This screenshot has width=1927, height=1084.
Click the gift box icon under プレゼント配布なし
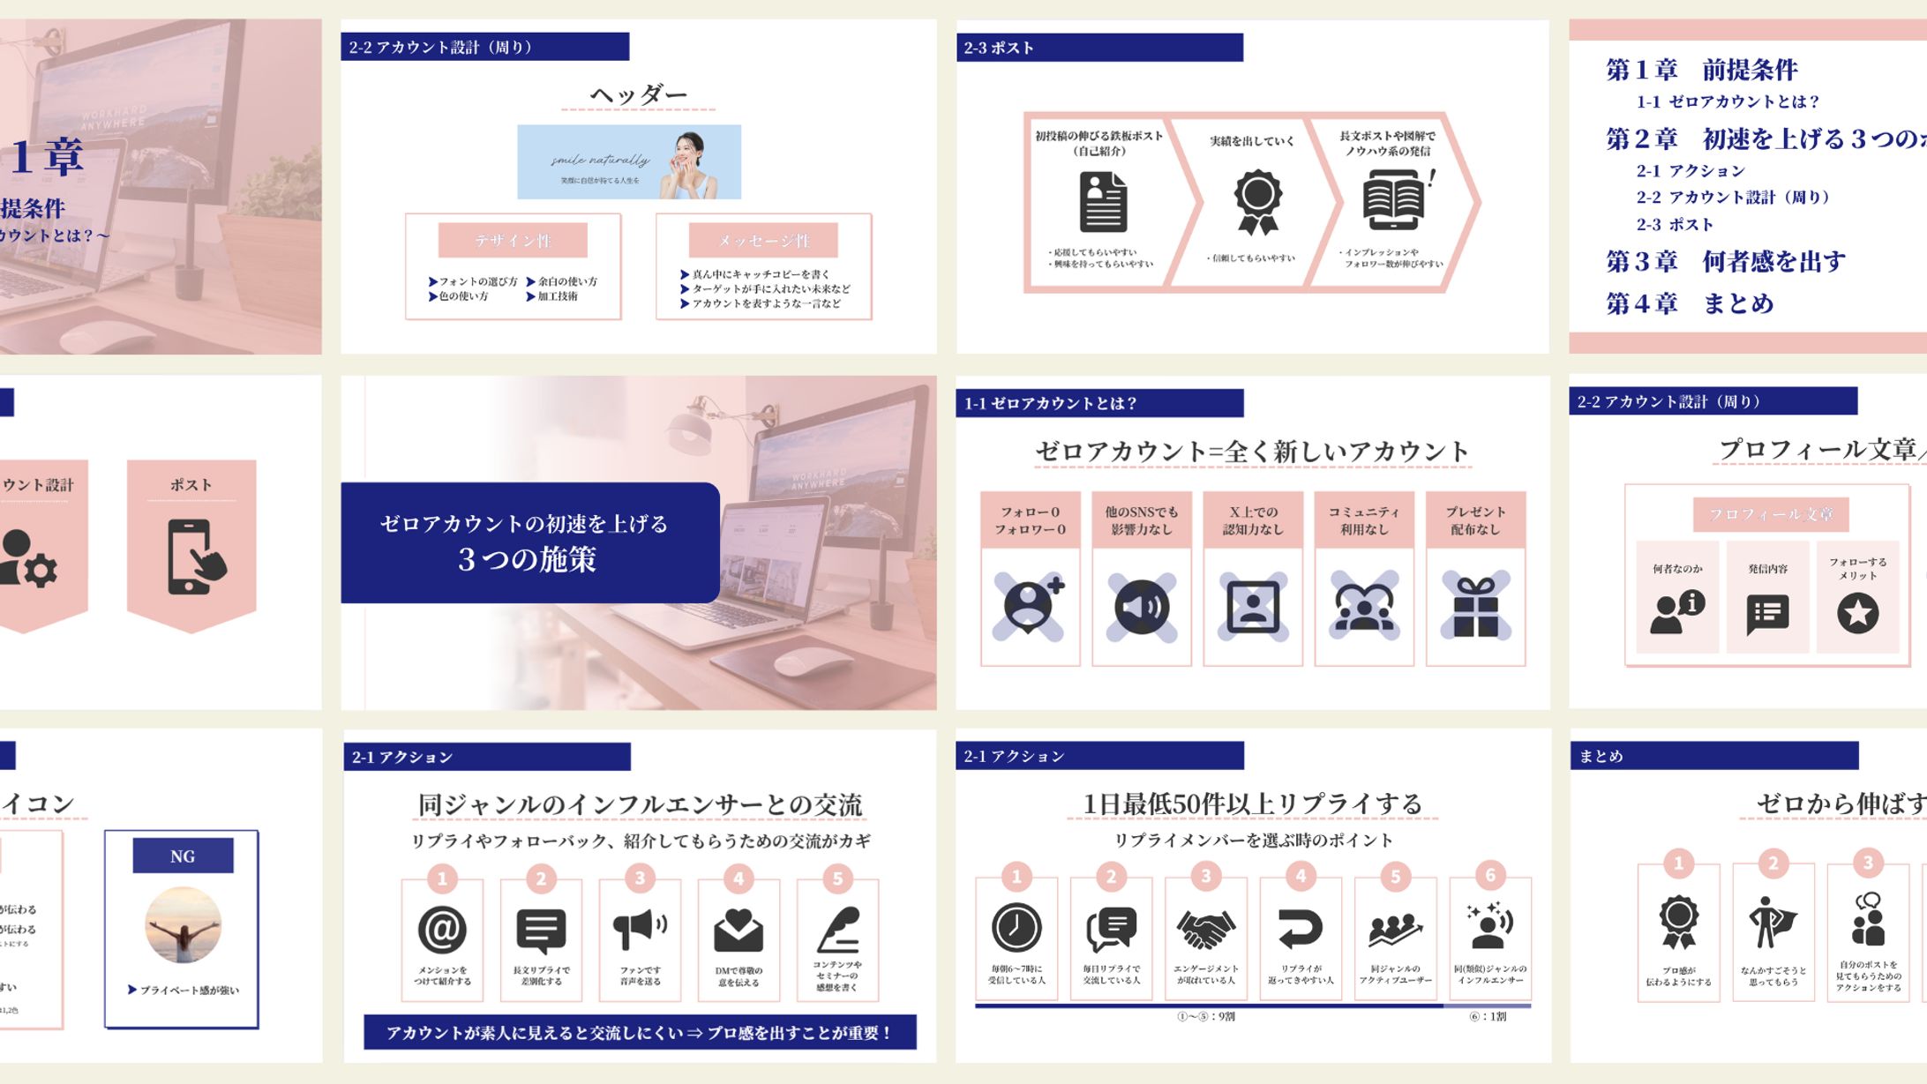click(1475, 606)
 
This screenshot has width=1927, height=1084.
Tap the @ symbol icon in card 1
click(442, 929)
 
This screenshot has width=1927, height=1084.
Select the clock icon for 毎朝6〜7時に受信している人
click(1016, 927)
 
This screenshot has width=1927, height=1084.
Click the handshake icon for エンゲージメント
click(1205, 929)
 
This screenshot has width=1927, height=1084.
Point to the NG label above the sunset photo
click(183, 856)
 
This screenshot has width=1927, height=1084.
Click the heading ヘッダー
click(638, 94)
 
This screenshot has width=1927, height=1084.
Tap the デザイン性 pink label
click(513, 240)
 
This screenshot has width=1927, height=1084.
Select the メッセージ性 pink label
click(763, 240)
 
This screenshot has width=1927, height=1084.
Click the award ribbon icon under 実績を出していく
click(1257, 201)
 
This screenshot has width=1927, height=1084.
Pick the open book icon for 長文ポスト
click(1393, 198)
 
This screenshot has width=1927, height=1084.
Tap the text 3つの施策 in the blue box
click(528, 559)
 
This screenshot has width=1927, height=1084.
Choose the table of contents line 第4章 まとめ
click(1689, 303)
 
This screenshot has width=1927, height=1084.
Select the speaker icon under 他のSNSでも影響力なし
click(1141, 606)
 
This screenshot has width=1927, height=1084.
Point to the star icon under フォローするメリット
click(1857, 612)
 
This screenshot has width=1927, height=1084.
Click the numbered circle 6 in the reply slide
click(1490, 875)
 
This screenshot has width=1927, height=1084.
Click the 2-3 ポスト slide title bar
click(1098, 48)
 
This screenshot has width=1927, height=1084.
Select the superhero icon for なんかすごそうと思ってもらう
click(1772, 923)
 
